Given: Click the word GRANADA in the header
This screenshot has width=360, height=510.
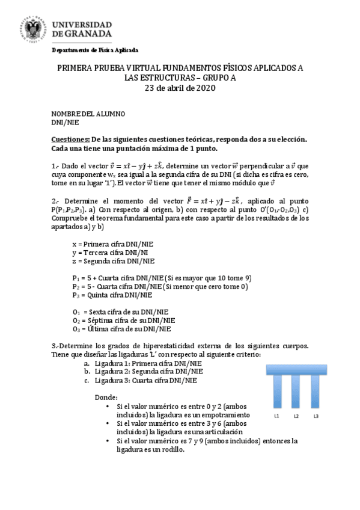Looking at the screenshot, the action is click(86, 34).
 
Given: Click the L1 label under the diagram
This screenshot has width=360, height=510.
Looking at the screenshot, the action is click(277, 416).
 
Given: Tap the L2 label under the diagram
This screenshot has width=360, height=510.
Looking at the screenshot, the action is click(296, 416).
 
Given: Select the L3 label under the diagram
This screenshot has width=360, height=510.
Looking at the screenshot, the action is click(316, 416).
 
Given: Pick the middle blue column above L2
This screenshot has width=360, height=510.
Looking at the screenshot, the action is click(296, 391).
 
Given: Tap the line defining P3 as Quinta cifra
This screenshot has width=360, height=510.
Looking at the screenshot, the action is click(112, 295).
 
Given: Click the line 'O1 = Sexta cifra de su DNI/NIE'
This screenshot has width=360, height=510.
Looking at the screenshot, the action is click(120, 312).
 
